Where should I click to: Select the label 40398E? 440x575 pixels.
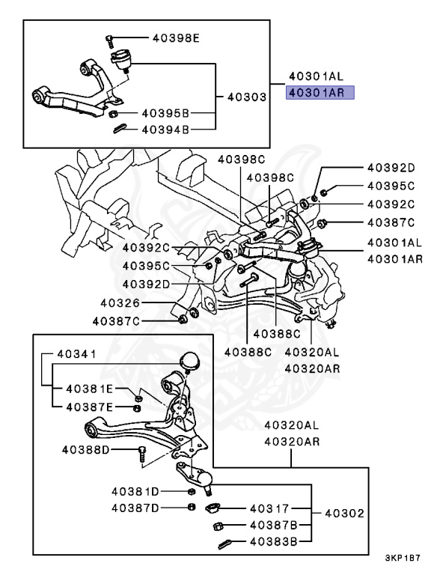(176, 37)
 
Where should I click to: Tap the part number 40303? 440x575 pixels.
(247, 97)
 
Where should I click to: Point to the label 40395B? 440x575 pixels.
(165, 113)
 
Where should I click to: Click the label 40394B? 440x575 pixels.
(165, 130)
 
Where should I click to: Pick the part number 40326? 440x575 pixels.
(120, 303)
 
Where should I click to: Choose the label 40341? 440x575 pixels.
(76, 354)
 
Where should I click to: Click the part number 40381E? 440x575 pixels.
(90, 389)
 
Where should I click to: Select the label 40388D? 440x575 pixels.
(86, 449)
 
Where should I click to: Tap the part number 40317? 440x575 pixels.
(270, 508)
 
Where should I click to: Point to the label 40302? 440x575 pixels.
(345, 514)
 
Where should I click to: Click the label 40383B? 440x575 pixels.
(274, 541)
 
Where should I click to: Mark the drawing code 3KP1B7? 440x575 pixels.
(403, 559)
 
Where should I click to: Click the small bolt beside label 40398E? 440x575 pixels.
(110, 42)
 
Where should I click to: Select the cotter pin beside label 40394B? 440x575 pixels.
(120, 128)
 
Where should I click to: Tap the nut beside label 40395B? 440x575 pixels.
(114, 113)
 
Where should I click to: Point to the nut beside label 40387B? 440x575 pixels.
(218, 526)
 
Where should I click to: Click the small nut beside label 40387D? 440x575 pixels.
(191, 507)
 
